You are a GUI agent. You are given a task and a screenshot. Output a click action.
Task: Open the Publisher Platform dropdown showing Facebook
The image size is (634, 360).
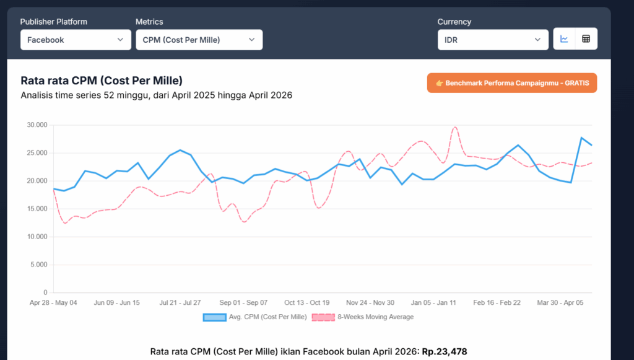[74, 40]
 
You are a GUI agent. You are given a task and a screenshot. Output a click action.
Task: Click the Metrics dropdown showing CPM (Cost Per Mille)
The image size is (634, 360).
[199, 40]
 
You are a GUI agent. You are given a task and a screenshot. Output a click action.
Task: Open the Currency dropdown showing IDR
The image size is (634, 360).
[492, 40]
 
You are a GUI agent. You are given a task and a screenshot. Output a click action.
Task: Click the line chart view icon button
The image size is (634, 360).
[564, 39]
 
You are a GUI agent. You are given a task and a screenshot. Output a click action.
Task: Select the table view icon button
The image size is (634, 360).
[586, 39]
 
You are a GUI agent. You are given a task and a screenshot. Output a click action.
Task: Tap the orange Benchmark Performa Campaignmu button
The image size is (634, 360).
[511, 83]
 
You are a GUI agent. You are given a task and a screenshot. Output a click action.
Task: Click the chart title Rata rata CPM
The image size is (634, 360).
[102, 81]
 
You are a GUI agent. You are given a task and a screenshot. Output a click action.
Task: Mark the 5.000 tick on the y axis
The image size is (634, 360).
[38, 265]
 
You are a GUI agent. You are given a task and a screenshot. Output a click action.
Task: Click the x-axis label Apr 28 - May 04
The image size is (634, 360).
[53, 302]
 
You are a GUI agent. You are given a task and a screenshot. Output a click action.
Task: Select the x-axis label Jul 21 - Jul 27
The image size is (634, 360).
[180, 302]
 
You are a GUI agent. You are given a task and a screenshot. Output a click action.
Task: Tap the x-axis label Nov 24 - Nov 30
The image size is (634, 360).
[370, 302]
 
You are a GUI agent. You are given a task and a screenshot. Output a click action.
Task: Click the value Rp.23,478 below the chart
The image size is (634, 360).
[445, 351]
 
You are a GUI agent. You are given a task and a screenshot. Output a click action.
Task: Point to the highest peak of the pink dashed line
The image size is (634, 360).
[454, 128]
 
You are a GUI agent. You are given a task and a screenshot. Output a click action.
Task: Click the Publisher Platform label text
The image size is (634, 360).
[54, 22]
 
